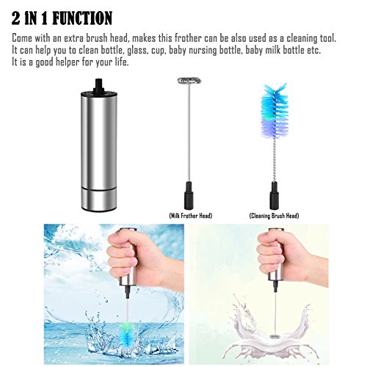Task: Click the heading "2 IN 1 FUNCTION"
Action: (x=62, y=18)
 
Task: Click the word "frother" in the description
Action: (x=188, y=38)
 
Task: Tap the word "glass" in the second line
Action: (x=137, y=51)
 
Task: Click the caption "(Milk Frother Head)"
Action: (x=191, y=216)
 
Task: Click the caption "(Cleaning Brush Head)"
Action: (x=274, y=216)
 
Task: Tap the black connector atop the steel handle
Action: (x=99, y=86)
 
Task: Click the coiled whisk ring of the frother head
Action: (x=189, y=81)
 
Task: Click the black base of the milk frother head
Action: (x=189, y=195)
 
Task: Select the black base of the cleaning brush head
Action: (x=275, y=196)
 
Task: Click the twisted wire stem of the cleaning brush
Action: (x=275, y=160)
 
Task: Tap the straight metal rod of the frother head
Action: (x=189, y=133)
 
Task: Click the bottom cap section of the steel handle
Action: (x=99, y=199)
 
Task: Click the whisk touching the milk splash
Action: (x=275, y=337)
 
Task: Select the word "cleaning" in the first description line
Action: (x=302, y=39)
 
